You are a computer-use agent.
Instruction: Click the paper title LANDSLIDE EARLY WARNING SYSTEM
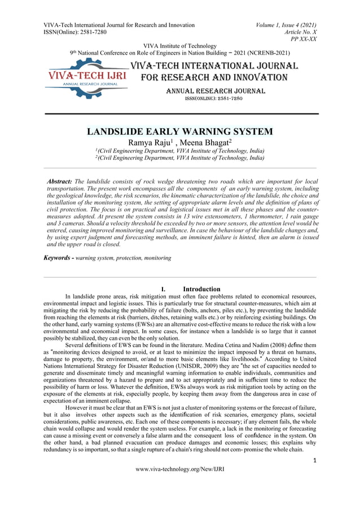coord(179,132)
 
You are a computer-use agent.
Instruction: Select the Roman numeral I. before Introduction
coord(163,289)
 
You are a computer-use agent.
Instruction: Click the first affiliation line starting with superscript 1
coord(179,151)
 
